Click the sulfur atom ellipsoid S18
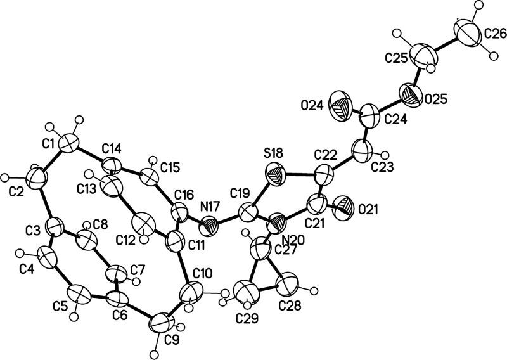pyautogui.click(x=276, y=172)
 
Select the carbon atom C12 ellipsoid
pyautogui.click(x=143, y=225)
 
